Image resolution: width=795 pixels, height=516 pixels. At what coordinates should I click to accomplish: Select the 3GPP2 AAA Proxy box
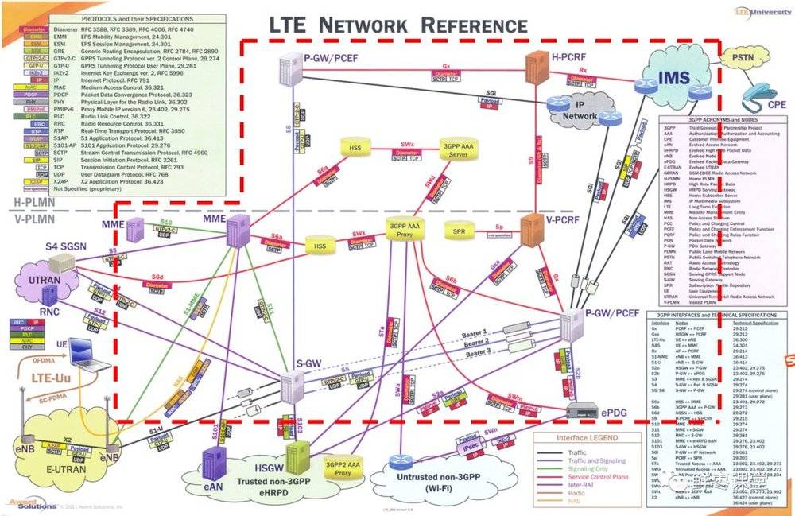coord(343,468)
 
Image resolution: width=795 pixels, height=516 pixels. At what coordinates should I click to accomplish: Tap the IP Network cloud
coord(580,111)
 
